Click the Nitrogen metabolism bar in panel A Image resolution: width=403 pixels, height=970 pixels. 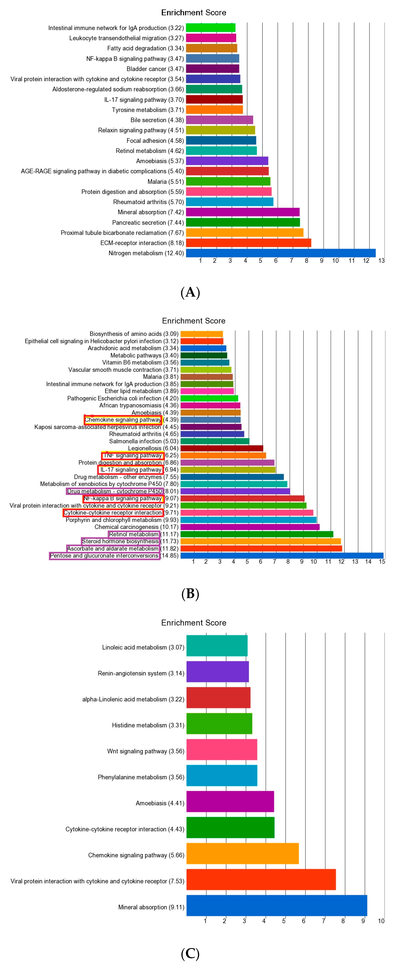[281, 253]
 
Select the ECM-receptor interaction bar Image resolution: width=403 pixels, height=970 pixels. [249, 243]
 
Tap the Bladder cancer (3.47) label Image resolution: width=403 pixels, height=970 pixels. [155, 69]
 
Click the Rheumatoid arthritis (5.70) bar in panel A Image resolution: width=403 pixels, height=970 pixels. [230, 202]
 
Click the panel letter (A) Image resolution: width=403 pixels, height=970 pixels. [190, 292]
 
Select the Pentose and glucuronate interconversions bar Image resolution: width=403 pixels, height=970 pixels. [282, 555]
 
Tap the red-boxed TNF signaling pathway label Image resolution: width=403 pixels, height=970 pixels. [133, 455]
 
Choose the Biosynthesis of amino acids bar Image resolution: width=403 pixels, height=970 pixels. [202, 334]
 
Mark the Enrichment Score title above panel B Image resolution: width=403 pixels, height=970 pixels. [194, 321]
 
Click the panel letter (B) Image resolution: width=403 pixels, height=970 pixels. [190, 594]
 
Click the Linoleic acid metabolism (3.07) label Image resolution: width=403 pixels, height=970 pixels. [143, 647]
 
